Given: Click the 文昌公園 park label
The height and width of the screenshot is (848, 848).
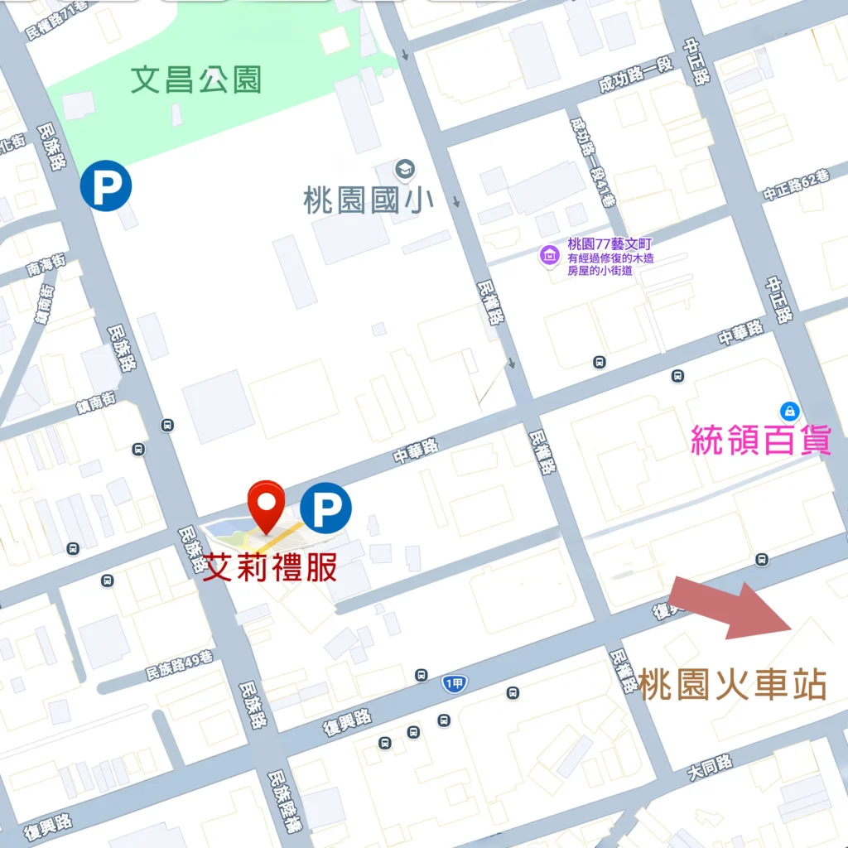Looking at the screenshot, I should pyautogui.click(x=196, y=80).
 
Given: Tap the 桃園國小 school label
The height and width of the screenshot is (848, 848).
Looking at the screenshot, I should pyautogui.click(x=369, y=200).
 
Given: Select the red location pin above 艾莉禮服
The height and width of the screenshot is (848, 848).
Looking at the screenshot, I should pyautogui.click(x=267, y=504).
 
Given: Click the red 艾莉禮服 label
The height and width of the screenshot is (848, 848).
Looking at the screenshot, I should pyautogui.click(x=270, y=568).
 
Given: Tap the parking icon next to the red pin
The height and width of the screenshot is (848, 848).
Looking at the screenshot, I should pyautogui.click(x=325, y=508).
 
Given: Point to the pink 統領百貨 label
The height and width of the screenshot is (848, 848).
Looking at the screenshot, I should pyautogui.click(x=761, y=440).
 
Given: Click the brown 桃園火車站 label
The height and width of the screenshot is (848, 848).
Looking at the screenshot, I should pyautogui.click(x=732, y=686).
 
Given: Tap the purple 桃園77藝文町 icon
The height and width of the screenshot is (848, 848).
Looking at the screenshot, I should pyautogui.click(x=548, y=255).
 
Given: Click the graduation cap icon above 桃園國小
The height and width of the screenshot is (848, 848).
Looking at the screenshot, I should pyautogui.click(x=405, y=169).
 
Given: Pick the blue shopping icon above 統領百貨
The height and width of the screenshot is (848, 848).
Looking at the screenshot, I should pyautogui.click(x=790, y=410).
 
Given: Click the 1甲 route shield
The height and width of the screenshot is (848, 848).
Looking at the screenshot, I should pyautogui.click(x=455, y=683).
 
